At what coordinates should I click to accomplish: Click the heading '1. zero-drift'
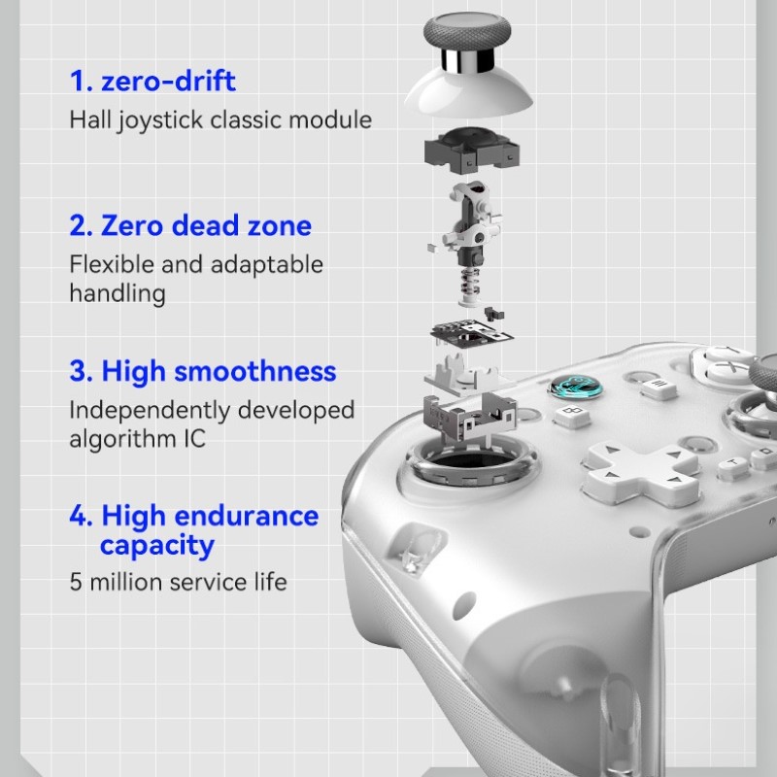(x=152, y=81)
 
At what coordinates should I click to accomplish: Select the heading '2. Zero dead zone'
(x=190, y=225)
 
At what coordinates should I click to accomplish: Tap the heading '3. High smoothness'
(x=203, y=371)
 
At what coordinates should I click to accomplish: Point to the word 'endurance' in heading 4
(x=247, y=516)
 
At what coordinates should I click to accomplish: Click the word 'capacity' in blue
(x=157, y=546)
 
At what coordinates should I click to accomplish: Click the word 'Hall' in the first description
(x=87, y=119)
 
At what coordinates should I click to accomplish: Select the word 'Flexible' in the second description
(x=112, y=264)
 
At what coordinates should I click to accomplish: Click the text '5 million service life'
(x=179, y=582)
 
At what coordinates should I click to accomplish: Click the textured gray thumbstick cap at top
(x=467, y=31)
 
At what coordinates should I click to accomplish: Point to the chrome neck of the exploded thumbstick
(x=467, y=59)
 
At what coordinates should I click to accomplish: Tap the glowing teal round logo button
(x=571, y=387)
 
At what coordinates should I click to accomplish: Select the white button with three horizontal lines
(x=659, y=386)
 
